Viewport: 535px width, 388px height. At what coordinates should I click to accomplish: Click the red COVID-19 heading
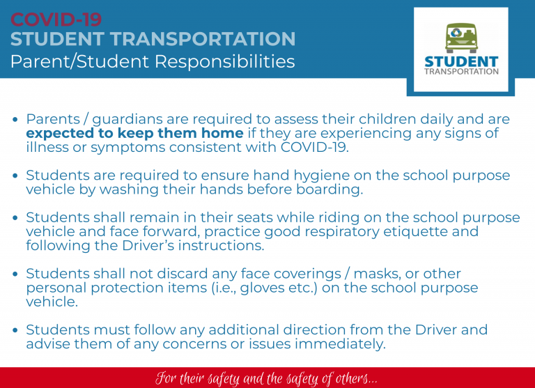(x=56, y=19)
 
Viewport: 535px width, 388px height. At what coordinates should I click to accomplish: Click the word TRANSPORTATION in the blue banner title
(x=203, y=38)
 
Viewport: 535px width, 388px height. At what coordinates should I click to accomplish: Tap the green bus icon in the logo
(x=461, y=38)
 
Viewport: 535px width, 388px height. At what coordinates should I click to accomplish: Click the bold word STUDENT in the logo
(x=461, y=62)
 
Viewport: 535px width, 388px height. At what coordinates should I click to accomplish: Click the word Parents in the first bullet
(x=53, y=119)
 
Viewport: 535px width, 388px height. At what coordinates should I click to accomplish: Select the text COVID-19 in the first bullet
(x=314, y=148)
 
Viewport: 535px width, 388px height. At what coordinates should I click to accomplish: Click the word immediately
(x=340, y=344)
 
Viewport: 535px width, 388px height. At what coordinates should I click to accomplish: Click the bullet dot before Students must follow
(x=15, y=330)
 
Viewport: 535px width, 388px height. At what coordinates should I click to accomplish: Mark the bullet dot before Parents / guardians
(x=15, y=119)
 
